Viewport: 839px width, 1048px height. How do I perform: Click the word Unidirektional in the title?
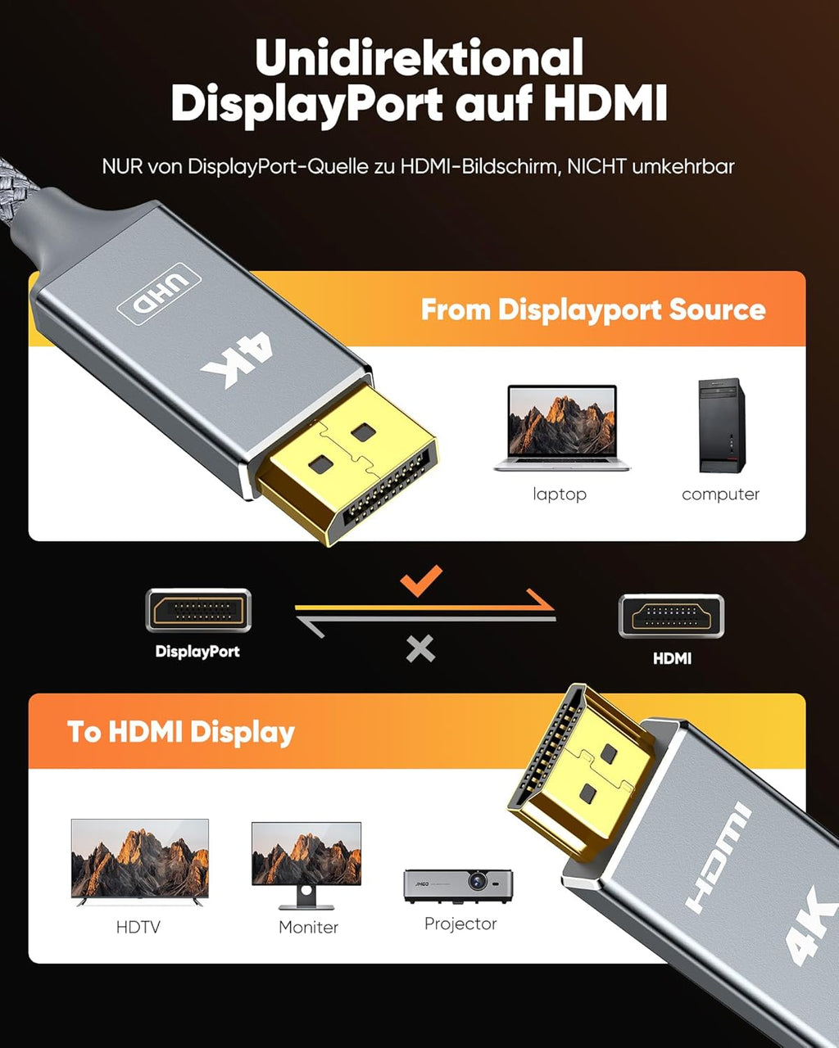tap(419, 59)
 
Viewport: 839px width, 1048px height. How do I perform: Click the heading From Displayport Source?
tap(592, 309)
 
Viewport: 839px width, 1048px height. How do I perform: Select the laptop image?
tap(562, 428)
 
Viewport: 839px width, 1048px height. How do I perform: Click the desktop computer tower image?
tap(721, 426)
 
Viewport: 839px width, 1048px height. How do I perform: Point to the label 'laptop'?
tap(560, 494)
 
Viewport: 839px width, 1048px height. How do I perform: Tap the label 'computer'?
tap(720, 494)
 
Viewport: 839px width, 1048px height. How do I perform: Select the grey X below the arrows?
tap(420, 649)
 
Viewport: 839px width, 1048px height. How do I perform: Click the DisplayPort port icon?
tap(198, 611)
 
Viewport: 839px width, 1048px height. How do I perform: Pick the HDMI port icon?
tap(671, 617)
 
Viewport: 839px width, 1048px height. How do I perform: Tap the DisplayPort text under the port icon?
tap(197, 652)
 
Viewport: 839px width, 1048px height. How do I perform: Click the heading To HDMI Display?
tap(180, 731)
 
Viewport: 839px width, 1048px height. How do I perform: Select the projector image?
tap(458, 885)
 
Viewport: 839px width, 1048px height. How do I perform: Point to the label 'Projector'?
tap(460, 924)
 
